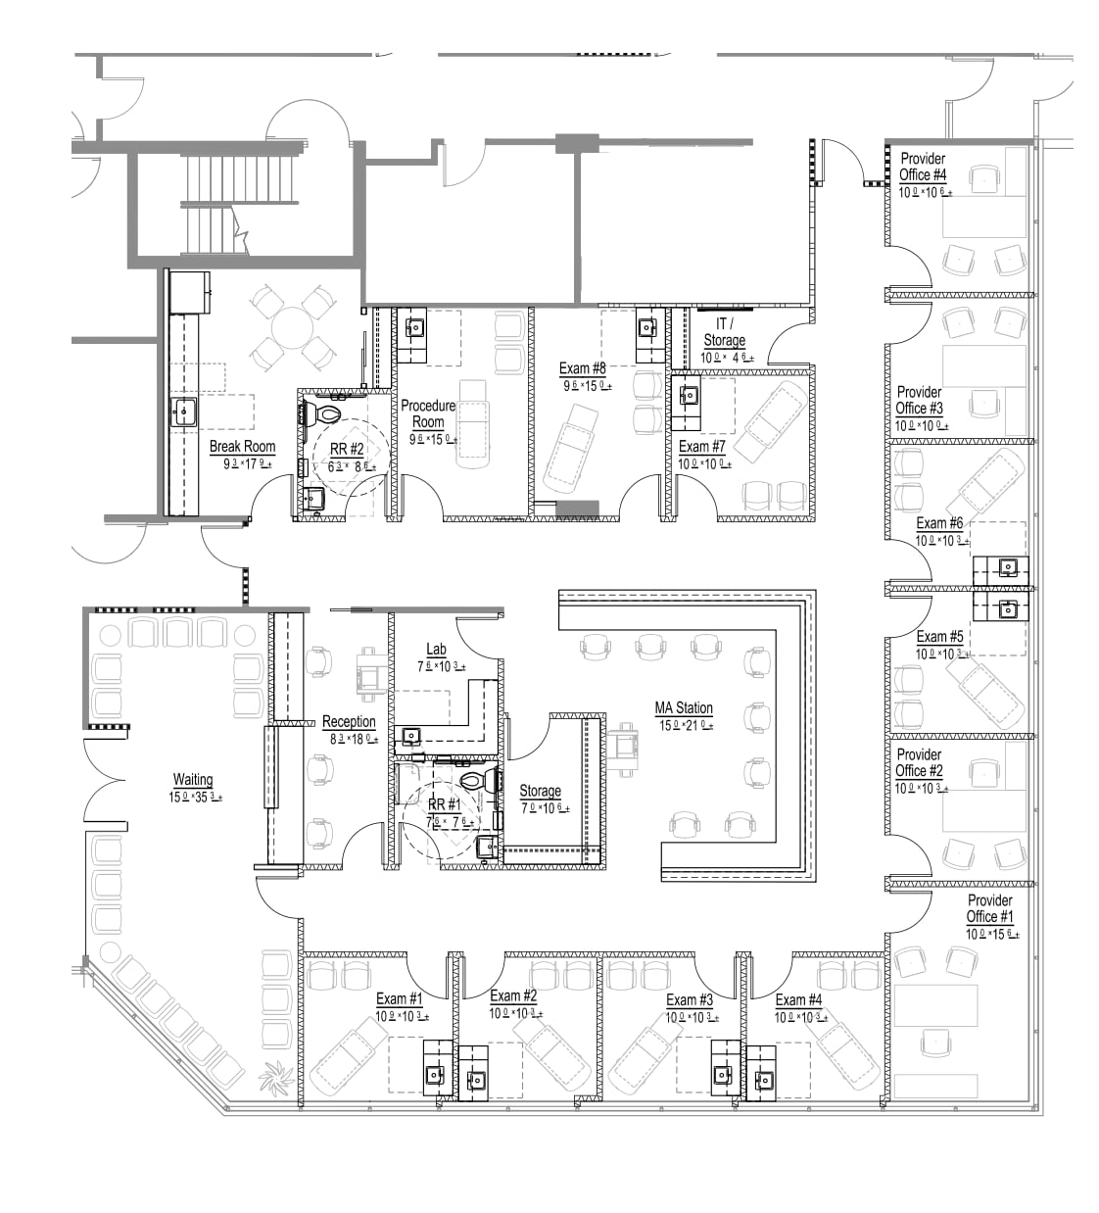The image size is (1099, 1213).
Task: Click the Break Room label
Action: pos(242,447)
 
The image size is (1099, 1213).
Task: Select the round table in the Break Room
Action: pos(291,324)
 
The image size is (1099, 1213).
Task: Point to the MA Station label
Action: pos(684,707)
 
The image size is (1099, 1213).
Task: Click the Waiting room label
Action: pos(193,780)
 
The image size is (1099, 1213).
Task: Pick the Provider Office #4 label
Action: pos(923,167)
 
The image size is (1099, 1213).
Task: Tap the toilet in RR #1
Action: pos(476,782)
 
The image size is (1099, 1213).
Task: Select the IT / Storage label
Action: pos(724,331)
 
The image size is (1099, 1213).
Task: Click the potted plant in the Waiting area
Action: pos(276,1078)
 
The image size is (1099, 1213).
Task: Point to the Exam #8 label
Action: pos(582,368)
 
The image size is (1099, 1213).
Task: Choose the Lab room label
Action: pos(436,649)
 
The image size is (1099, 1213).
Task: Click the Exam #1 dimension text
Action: pos(402,1016)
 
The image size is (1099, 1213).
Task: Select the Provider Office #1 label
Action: pos(989,908)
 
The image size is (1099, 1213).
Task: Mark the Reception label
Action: pos(349,722)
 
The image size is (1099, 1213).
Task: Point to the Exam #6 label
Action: pos(939,523)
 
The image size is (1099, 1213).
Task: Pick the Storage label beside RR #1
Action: pos(540,791)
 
